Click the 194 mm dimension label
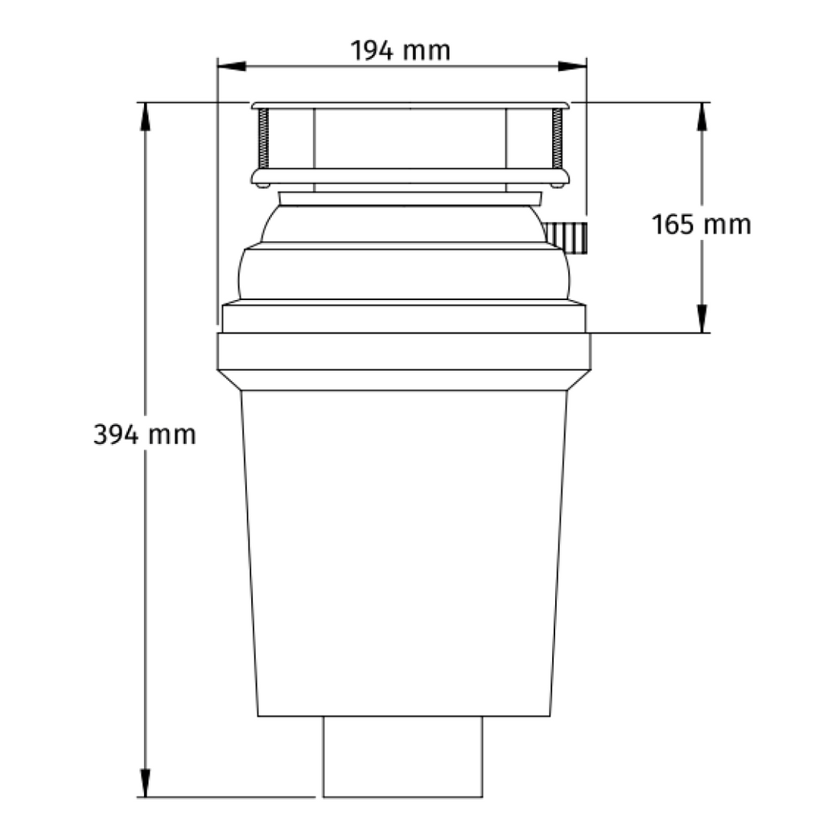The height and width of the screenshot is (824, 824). pyautogui.click(x=401, y=51)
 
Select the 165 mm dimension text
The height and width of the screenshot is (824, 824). pyautogui.click(x=701, y=224)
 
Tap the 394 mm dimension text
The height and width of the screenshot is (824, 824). pyautogui.click(x=145, y=435)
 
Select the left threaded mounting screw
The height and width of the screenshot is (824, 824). pyautogui.click(x=262, y=138)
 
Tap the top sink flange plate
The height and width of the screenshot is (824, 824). pyautogui.click(x=410, y=105)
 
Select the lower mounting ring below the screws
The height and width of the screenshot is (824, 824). pyautogui.click(x=410, y=177)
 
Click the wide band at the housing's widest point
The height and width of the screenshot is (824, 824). pyautogui.click(x=404, y=352)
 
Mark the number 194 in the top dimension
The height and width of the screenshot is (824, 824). pyautogui.click(x=373, y=51)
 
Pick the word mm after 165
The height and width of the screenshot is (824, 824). pyautogui.click(x=727, y=224)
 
